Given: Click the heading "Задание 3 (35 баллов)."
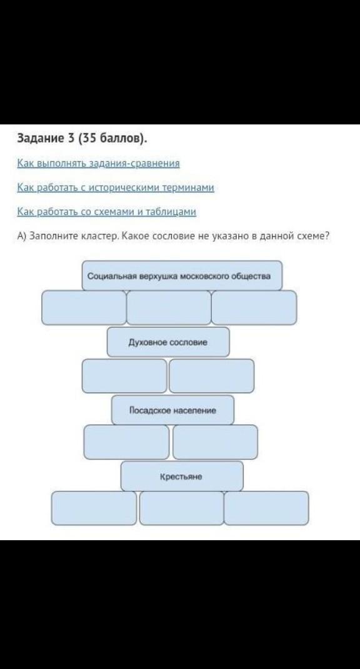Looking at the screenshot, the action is coord(81,139).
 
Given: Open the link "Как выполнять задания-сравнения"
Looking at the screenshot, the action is coord(99,163).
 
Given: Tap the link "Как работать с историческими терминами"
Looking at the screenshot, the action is coord(116,188).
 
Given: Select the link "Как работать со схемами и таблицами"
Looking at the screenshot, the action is coord(107,211).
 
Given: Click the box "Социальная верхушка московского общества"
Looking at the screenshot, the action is coord(182,276).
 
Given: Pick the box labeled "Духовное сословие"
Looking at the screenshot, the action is coord(168,342).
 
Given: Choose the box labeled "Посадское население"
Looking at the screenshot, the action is coord(172,410).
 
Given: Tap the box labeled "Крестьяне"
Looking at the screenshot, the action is coord(182,476).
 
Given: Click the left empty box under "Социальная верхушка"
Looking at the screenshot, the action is coord(84,308).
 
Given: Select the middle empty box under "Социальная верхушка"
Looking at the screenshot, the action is coord(169,308).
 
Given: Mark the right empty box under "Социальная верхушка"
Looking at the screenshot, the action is coord(254,308).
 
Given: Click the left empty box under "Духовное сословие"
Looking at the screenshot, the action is coord(124,376).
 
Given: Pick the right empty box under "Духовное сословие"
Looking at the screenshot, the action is coord(212,376).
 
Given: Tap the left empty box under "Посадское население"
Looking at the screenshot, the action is coord(127,442).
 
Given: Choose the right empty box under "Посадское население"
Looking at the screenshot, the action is coord(216,442).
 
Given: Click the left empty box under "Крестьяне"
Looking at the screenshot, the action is coord(94,508).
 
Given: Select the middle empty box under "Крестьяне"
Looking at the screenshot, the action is coord(181,508).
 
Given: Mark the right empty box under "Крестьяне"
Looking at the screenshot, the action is coord(266,508).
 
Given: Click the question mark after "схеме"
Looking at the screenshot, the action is coord(327,236).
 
